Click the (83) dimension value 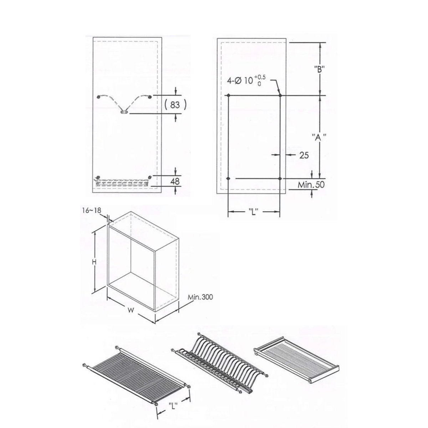coord(175,105)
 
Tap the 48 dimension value coord(175,181)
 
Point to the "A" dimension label coord(319,137)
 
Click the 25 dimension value coord(304,155)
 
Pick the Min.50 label coord(311,184)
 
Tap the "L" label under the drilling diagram coord(254,212)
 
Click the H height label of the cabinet coord(95,262)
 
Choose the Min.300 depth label coord(200,297)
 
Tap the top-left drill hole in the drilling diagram coord(228,95)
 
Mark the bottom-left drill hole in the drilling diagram coord(228,178)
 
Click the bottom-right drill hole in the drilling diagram coord(280,178)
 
